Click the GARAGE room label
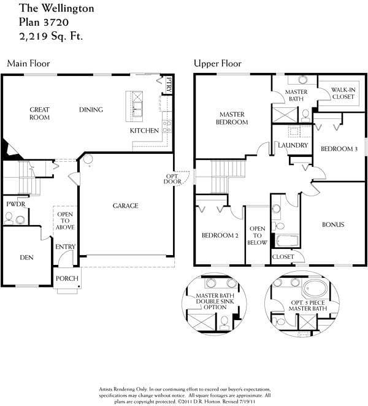pyautogui.click(x=125, y=206)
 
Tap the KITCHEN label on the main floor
pyautogui.click(x=144, y=131)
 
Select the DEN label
pyautogui.click(x=26, y=258)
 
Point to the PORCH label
pyautogui.click(x=67, y=278)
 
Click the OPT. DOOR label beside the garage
pyautogui.click(x=172, y=179)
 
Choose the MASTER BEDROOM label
pyautogui.click(x=232, y=118)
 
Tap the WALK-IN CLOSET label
pyautogui.click(x=343, y=93)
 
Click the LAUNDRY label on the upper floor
pyautogui.click(x=293, y=145)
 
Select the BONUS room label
pyautogui.click(x=333, y=224)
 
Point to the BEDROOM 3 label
pyautogui.click(x=339, y=149)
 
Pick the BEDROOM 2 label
pyautogui.click(x=220, y=236)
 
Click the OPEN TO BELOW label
pyautogui.click(x=257, y=236)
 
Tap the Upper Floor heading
pyautogui.click(x=218, y=63)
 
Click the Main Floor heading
pyautogui.click(x=28, y=63)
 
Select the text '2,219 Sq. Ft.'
pyautogui.click(x=51, y=36)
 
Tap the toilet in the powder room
pyautogui.click(x=9, y=218)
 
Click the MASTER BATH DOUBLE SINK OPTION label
pyautogui.click(x=215, y=301)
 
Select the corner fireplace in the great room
pyautogui.click(x=10, y=150)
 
